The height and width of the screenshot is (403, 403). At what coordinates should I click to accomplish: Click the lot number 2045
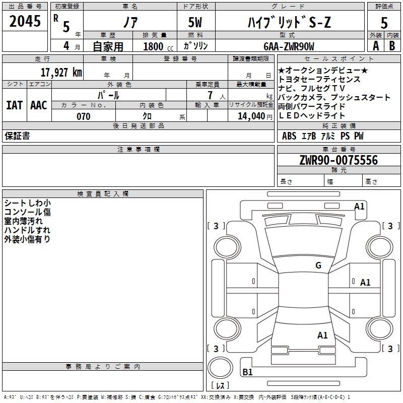click(25, 21)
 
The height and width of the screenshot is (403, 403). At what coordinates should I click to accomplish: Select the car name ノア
click(130, 22)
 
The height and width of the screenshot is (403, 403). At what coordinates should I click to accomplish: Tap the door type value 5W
click(195, 22)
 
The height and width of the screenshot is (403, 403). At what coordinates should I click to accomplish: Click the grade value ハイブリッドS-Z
click(289, 22)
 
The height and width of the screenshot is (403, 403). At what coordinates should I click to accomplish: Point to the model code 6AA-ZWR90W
click(289, 46)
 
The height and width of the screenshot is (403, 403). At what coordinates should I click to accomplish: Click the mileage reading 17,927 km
click(61, 72)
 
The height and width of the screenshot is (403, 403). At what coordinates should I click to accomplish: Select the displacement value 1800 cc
click(158, 46)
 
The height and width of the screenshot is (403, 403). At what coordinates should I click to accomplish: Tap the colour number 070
click(84, 116)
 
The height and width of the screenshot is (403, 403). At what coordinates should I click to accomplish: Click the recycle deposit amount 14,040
click(251, 116)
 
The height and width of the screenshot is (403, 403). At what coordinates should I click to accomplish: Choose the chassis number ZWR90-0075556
click(339, 160)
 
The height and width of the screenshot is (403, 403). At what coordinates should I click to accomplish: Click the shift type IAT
click(15, 105)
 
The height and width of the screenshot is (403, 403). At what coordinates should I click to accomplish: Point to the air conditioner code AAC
click(39, 105)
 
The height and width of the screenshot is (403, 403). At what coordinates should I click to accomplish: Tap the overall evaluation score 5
click(384, 23)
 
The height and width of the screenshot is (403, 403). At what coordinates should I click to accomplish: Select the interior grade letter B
click(392, 46)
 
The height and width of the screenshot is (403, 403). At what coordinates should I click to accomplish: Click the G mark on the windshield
click(318, 265)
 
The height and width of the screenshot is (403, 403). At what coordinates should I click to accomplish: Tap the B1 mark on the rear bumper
click(247, 372)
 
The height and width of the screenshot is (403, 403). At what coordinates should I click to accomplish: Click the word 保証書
click(17, 136)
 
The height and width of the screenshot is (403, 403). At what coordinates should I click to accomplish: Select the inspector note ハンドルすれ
click(27, 230)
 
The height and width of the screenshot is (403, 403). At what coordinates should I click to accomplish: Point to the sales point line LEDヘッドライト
click(311, 116)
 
